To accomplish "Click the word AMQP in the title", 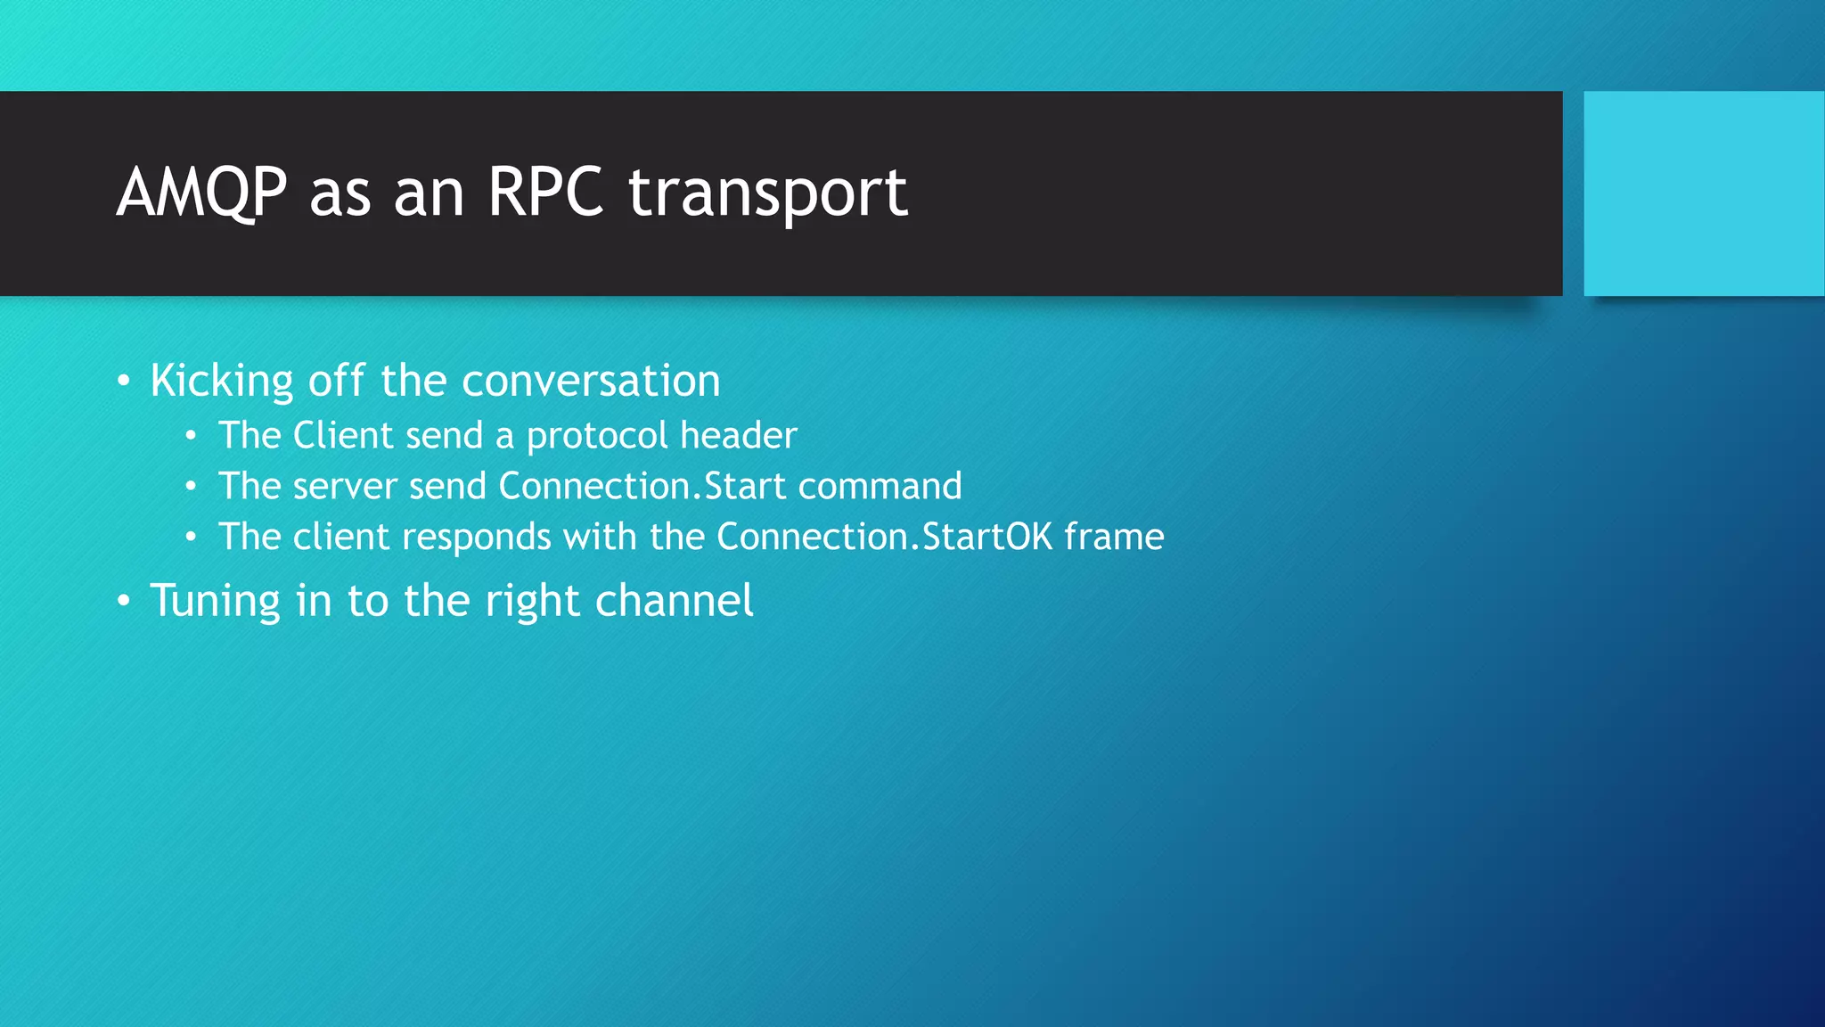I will click(x=202, y=193).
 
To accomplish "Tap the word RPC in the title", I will click(x=545, y=193).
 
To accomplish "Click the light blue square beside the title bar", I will click(x=1703, y=193).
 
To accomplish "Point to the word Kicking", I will click(x=222, y=382).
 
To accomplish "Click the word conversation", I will click(x=591, y=382).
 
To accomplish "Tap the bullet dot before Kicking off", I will click(x=124, y=382).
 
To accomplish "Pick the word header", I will click(x=739, y=436).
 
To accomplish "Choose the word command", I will click(x=880, y=487).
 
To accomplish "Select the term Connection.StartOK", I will click(x=884, y=538).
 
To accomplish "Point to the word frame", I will click(x=1114, y=538).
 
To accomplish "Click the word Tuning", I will click(x=215, y=602).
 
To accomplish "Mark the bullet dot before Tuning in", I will click(x=124, y=602).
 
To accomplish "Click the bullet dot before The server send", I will click(x=191, y=487).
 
